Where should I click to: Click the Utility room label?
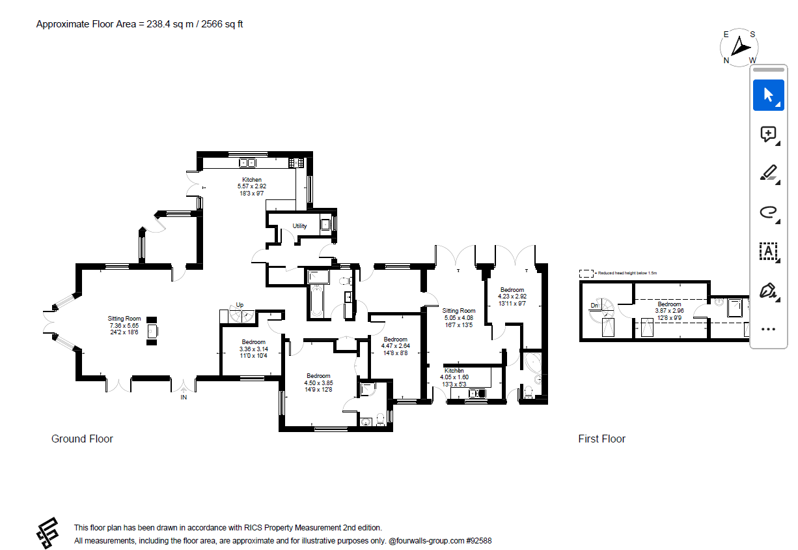[299, 226]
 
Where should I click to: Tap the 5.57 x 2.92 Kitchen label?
[252, 186]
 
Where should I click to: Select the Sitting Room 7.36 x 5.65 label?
[124, 325]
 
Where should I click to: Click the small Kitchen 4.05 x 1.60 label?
[454, 373]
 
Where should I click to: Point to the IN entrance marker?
[184, 398]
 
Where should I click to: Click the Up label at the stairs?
[240, 305]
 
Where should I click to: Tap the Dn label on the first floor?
[594, 305]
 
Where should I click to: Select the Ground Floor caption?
[82, 439]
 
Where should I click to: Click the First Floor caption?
[601, 439]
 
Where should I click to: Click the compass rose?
[739, 47]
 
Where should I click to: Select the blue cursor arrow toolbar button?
[768, 95]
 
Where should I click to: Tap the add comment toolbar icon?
[768, 134]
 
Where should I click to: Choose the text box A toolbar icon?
[768, 250]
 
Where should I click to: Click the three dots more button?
[768, 329]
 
